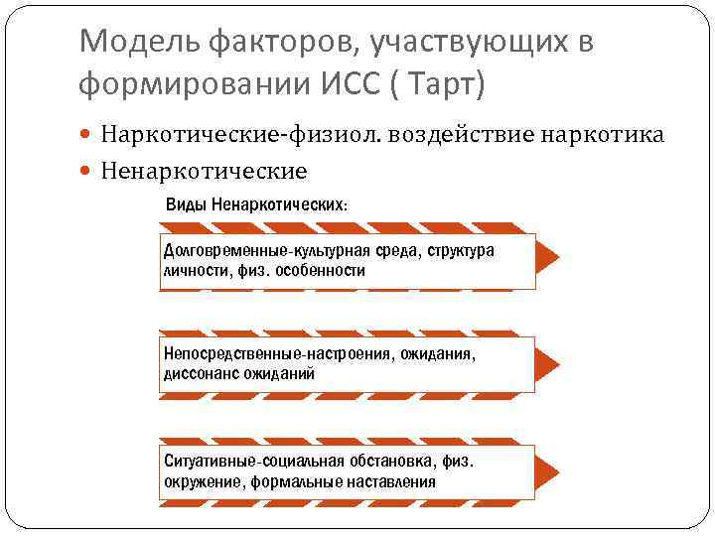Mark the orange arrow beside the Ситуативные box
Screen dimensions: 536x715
[547, 471]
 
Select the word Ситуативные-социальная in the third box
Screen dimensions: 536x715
[254, 463]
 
